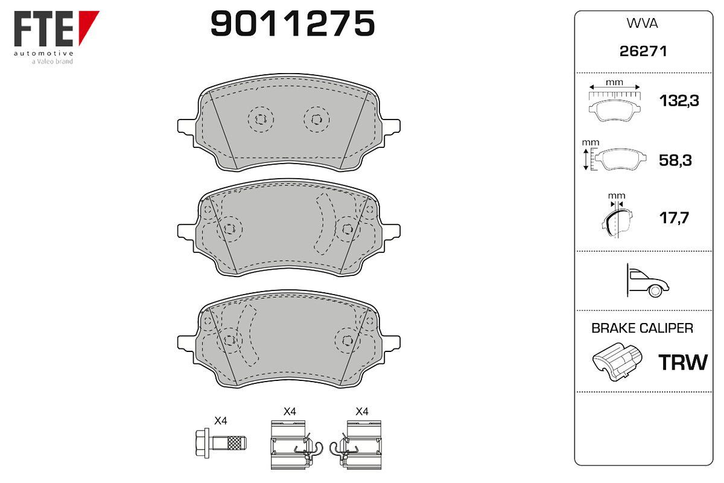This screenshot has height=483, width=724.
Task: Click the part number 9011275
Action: [x=293, y=24]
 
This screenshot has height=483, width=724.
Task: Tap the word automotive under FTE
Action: [x=43, y=53]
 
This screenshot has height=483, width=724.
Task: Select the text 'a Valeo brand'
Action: [x=52, y=62]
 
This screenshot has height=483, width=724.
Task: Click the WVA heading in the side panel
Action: [x=642, y=24]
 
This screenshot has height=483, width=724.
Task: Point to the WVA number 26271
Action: [x=643, y=51]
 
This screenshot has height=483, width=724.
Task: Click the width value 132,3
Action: [x=679, y=101]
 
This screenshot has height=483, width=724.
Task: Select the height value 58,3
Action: [x=676, y=161]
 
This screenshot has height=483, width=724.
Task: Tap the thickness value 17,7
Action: [x=675, y=218]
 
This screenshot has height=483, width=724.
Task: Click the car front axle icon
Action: [x=647, y=281]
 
